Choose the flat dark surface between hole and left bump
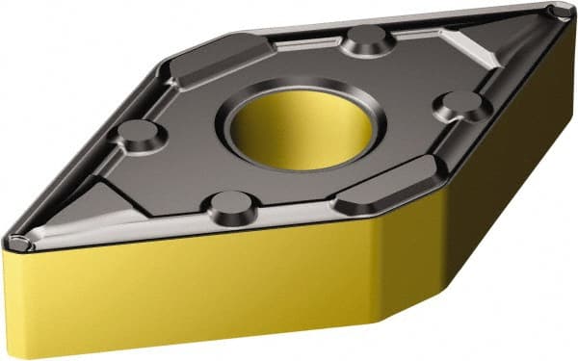193,135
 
